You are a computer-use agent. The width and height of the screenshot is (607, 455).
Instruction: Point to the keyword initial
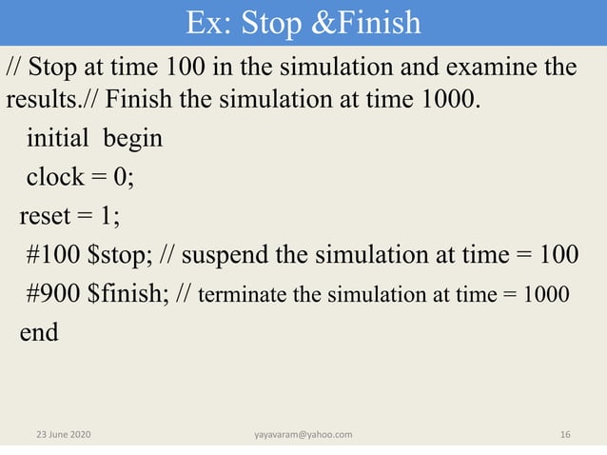(x=60, y=139)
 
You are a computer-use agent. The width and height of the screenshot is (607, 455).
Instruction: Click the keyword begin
(x=132, y=139)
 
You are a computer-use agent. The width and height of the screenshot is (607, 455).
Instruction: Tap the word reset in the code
(x=45, y=217)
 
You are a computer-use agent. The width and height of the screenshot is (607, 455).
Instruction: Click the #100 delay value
(x=53, y=256)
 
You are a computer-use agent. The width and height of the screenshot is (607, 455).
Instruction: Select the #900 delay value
(x=53, y=294)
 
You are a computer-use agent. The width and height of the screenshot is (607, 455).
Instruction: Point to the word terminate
(x=245, y=295)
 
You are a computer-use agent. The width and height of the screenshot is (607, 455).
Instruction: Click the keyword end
(x=39, y=333)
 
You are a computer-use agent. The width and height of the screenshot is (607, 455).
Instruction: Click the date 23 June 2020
(x=64, y=435)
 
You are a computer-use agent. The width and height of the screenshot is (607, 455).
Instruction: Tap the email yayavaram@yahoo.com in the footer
(x=303, y=435)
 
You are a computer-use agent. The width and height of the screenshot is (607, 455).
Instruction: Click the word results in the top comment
(x=34, y=99)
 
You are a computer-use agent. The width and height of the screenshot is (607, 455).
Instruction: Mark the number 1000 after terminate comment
(x=546, y=295)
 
